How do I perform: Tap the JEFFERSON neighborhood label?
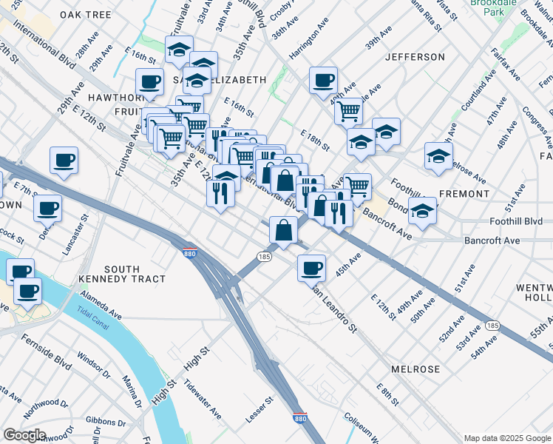coord(415,57)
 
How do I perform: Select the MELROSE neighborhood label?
coord(415,369)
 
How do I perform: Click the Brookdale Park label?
coord(489,8)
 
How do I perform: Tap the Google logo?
coord(25,434)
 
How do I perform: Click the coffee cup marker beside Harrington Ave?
coord(322,81)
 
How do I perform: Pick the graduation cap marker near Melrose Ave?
coord(438,157)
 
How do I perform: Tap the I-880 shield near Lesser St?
coord(299,418)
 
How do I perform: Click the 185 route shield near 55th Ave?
coord(493,326)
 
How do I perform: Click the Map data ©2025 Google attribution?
coord(506,437)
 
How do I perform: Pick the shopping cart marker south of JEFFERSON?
coord(348,111)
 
